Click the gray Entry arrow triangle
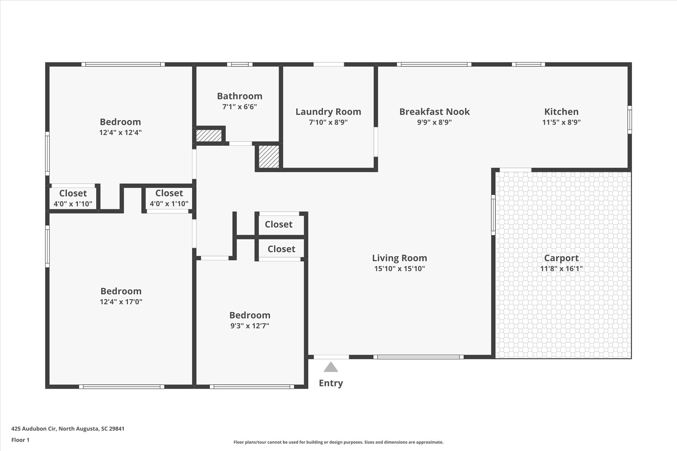click(331, 367)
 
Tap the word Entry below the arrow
click(331, 383)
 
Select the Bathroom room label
click(240, 96)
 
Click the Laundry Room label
click(328, 112)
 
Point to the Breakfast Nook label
click(434, 112)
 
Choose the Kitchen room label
click(561, 112)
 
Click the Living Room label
click(399, 258)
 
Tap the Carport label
click(561, 258)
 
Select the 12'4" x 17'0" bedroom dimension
click(121, 302)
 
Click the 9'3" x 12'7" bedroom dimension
click(250, 326)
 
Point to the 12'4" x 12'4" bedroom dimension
click(120, 132)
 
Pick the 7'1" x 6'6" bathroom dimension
click(240, 107)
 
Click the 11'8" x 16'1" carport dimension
click(561, 269)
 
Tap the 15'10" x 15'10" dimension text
click(399, 269)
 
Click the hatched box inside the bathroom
click(209, 135)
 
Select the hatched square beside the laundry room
click(268, 157)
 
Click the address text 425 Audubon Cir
click(34, 429)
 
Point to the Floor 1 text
click(20, 440)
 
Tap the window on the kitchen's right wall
click(630, 120)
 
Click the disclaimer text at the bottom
click(338, 442)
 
